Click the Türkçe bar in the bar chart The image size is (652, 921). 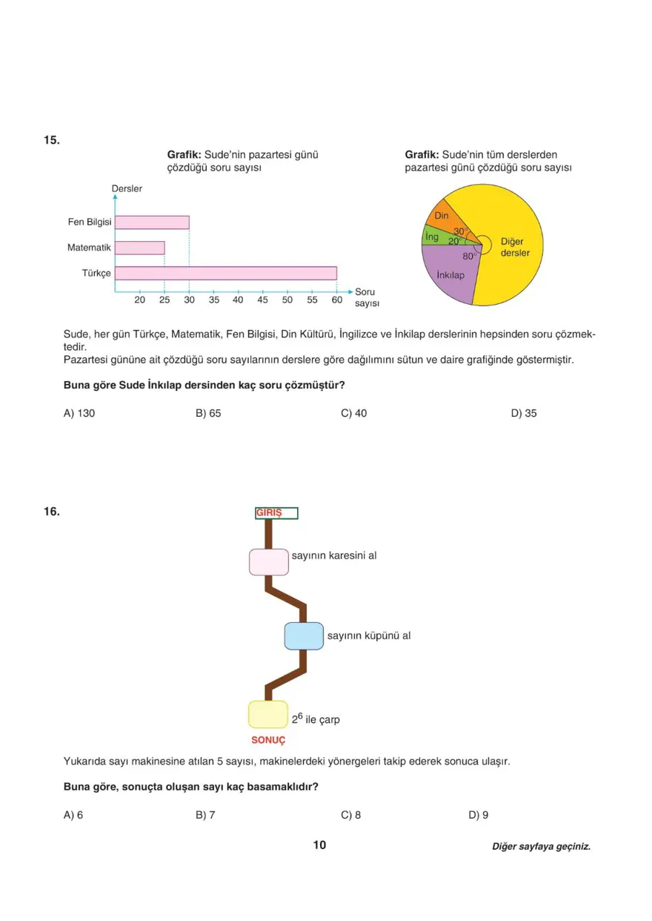225,273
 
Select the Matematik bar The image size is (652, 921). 139,248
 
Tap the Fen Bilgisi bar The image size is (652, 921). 152,222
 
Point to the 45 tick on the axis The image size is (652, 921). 262,300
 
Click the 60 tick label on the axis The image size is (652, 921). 336,300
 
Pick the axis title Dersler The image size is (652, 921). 127,188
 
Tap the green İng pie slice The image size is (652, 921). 432,237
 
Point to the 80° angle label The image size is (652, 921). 468,257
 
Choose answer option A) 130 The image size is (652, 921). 79,413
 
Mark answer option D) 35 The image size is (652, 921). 524,413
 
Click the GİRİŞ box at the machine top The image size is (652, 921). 276,513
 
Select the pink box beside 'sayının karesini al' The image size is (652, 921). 268,561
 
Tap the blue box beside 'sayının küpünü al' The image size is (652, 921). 304,636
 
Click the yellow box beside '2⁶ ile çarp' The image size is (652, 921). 267,714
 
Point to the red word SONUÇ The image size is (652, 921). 268,740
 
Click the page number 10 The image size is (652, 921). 319,845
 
